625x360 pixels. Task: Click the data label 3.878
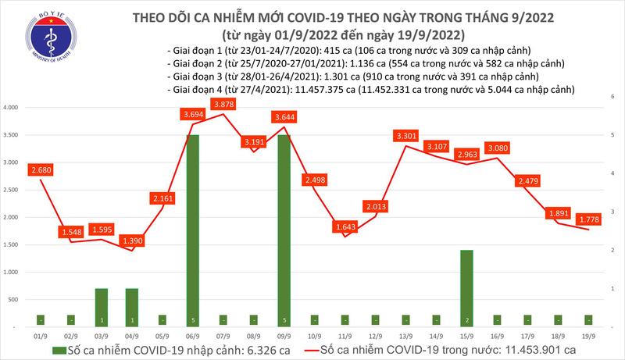tap(224, 105)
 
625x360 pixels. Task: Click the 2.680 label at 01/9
tap(40, 169)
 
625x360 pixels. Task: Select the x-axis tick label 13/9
tap(406, 332)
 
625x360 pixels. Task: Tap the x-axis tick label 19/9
tap(589, 332)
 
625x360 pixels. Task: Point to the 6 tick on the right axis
tap(614, 95)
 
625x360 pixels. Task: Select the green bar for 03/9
tap(101, 305)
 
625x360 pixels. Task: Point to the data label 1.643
tap(345, 227)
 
